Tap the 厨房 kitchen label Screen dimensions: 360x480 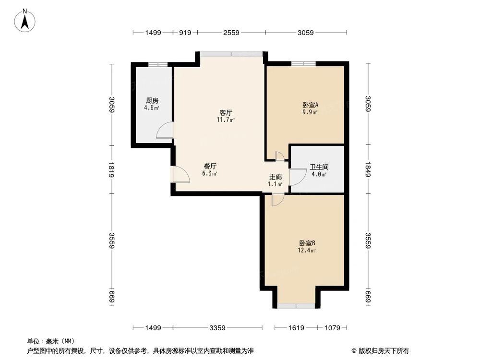152,101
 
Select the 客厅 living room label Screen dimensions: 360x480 227,113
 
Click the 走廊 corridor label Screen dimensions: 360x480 275,177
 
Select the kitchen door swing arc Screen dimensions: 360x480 165,130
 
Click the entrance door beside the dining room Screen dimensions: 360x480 181,174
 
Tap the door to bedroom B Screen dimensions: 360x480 277,199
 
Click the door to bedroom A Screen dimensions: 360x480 279,156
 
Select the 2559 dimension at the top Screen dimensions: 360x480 231,33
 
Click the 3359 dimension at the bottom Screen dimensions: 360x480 217,328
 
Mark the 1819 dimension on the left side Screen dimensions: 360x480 111,169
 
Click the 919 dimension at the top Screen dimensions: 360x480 185,33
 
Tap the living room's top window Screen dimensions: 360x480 231,54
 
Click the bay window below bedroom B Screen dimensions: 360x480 297,306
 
